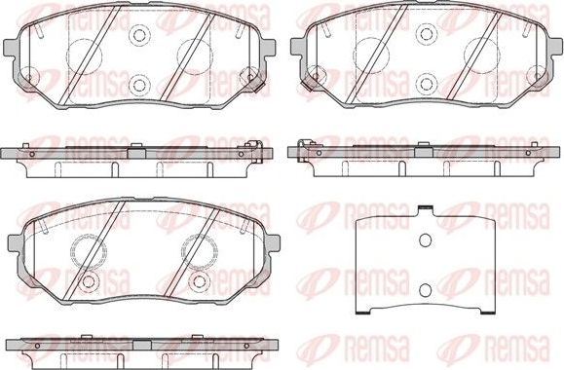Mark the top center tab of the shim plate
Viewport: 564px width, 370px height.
point(425,208)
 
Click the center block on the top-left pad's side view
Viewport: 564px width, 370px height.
point(136,145)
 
